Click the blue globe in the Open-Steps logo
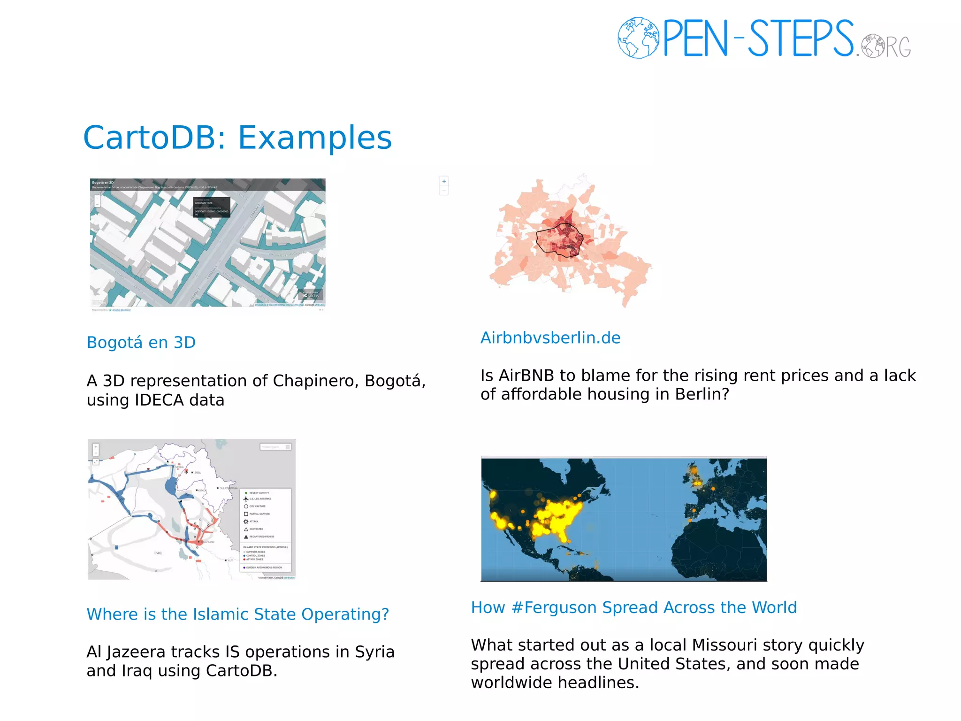638,38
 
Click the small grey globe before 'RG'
873,46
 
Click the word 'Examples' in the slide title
315,138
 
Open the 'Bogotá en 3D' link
141,343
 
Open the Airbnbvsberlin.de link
550,338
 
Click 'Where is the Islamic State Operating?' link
238,614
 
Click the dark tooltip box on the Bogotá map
212,207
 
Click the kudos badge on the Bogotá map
311,295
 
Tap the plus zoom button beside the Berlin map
444,181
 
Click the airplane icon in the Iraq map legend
246,499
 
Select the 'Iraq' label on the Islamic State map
158,553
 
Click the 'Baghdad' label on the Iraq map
208,542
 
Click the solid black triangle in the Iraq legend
246,537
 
